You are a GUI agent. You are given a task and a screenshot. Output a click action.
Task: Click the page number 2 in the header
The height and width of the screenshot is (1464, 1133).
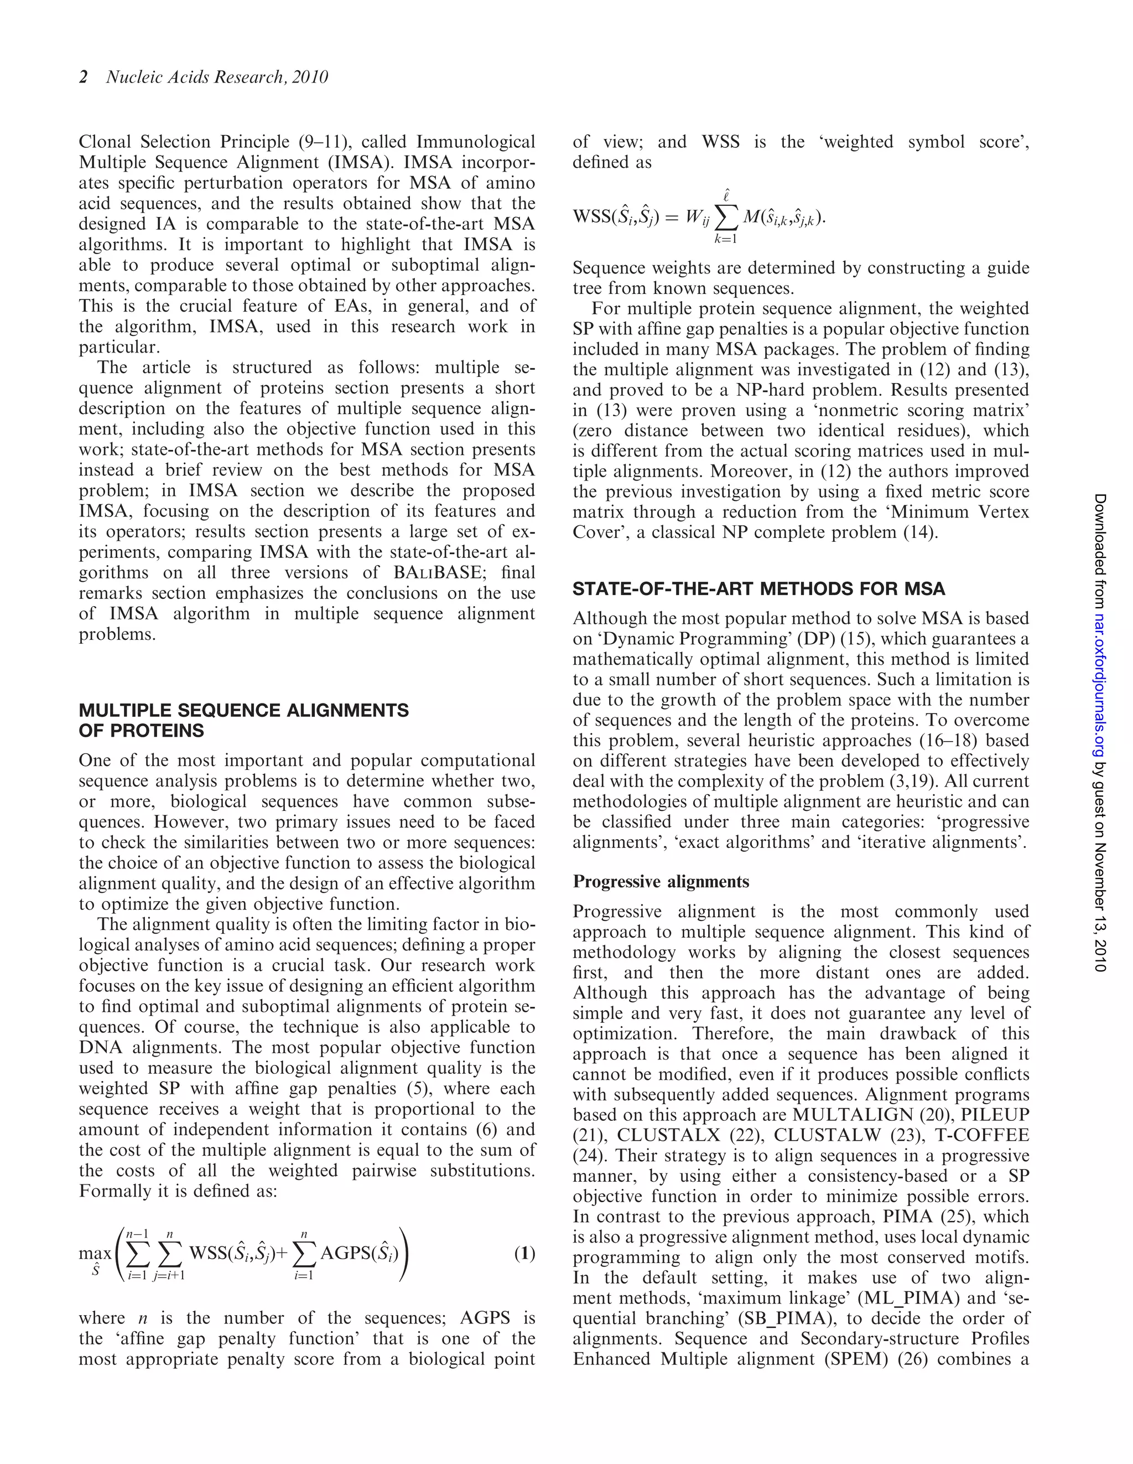click(x=84, y=77)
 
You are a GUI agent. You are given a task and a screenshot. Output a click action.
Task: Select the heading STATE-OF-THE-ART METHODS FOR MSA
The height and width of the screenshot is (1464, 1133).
click(x=758, y=589)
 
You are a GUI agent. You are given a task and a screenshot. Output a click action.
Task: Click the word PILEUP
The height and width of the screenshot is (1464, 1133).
click(x=995, y=1115)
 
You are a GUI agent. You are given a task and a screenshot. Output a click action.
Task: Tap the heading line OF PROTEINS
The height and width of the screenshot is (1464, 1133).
click(x=142, y=731)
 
